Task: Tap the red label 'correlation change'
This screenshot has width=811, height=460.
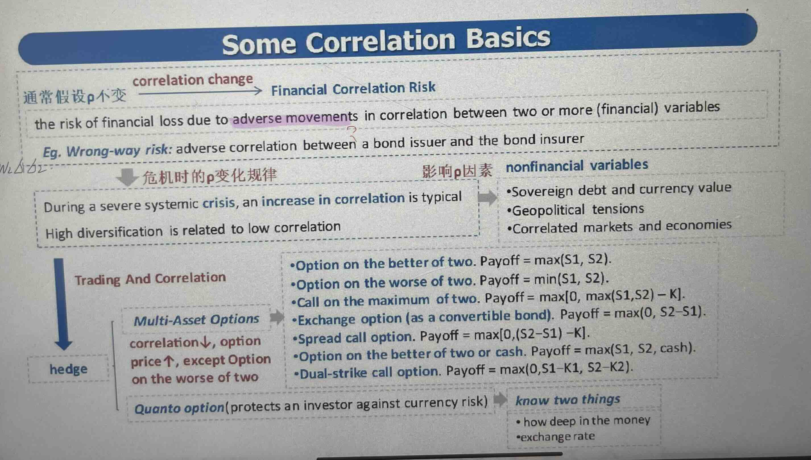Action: click(193, 80)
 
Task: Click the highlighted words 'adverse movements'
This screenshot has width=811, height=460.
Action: click(295, 118)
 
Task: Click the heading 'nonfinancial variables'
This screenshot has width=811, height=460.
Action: click(577, 165)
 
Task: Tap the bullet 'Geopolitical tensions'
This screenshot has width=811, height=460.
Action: click(575, 209)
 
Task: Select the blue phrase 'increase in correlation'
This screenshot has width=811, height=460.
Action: click(333, 199)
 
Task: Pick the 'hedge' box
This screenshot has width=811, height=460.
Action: click(68, 369)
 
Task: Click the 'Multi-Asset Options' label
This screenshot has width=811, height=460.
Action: click(196, 320)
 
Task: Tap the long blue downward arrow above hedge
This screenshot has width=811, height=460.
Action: click(61, 304)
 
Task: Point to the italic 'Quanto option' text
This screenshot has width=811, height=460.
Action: click(179, 408)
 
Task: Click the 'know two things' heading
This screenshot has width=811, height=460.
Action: click(568, 400)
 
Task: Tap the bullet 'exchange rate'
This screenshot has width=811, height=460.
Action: click(556, 437)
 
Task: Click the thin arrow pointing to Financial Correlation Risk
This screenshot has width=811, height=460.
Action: click(200, 92)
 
